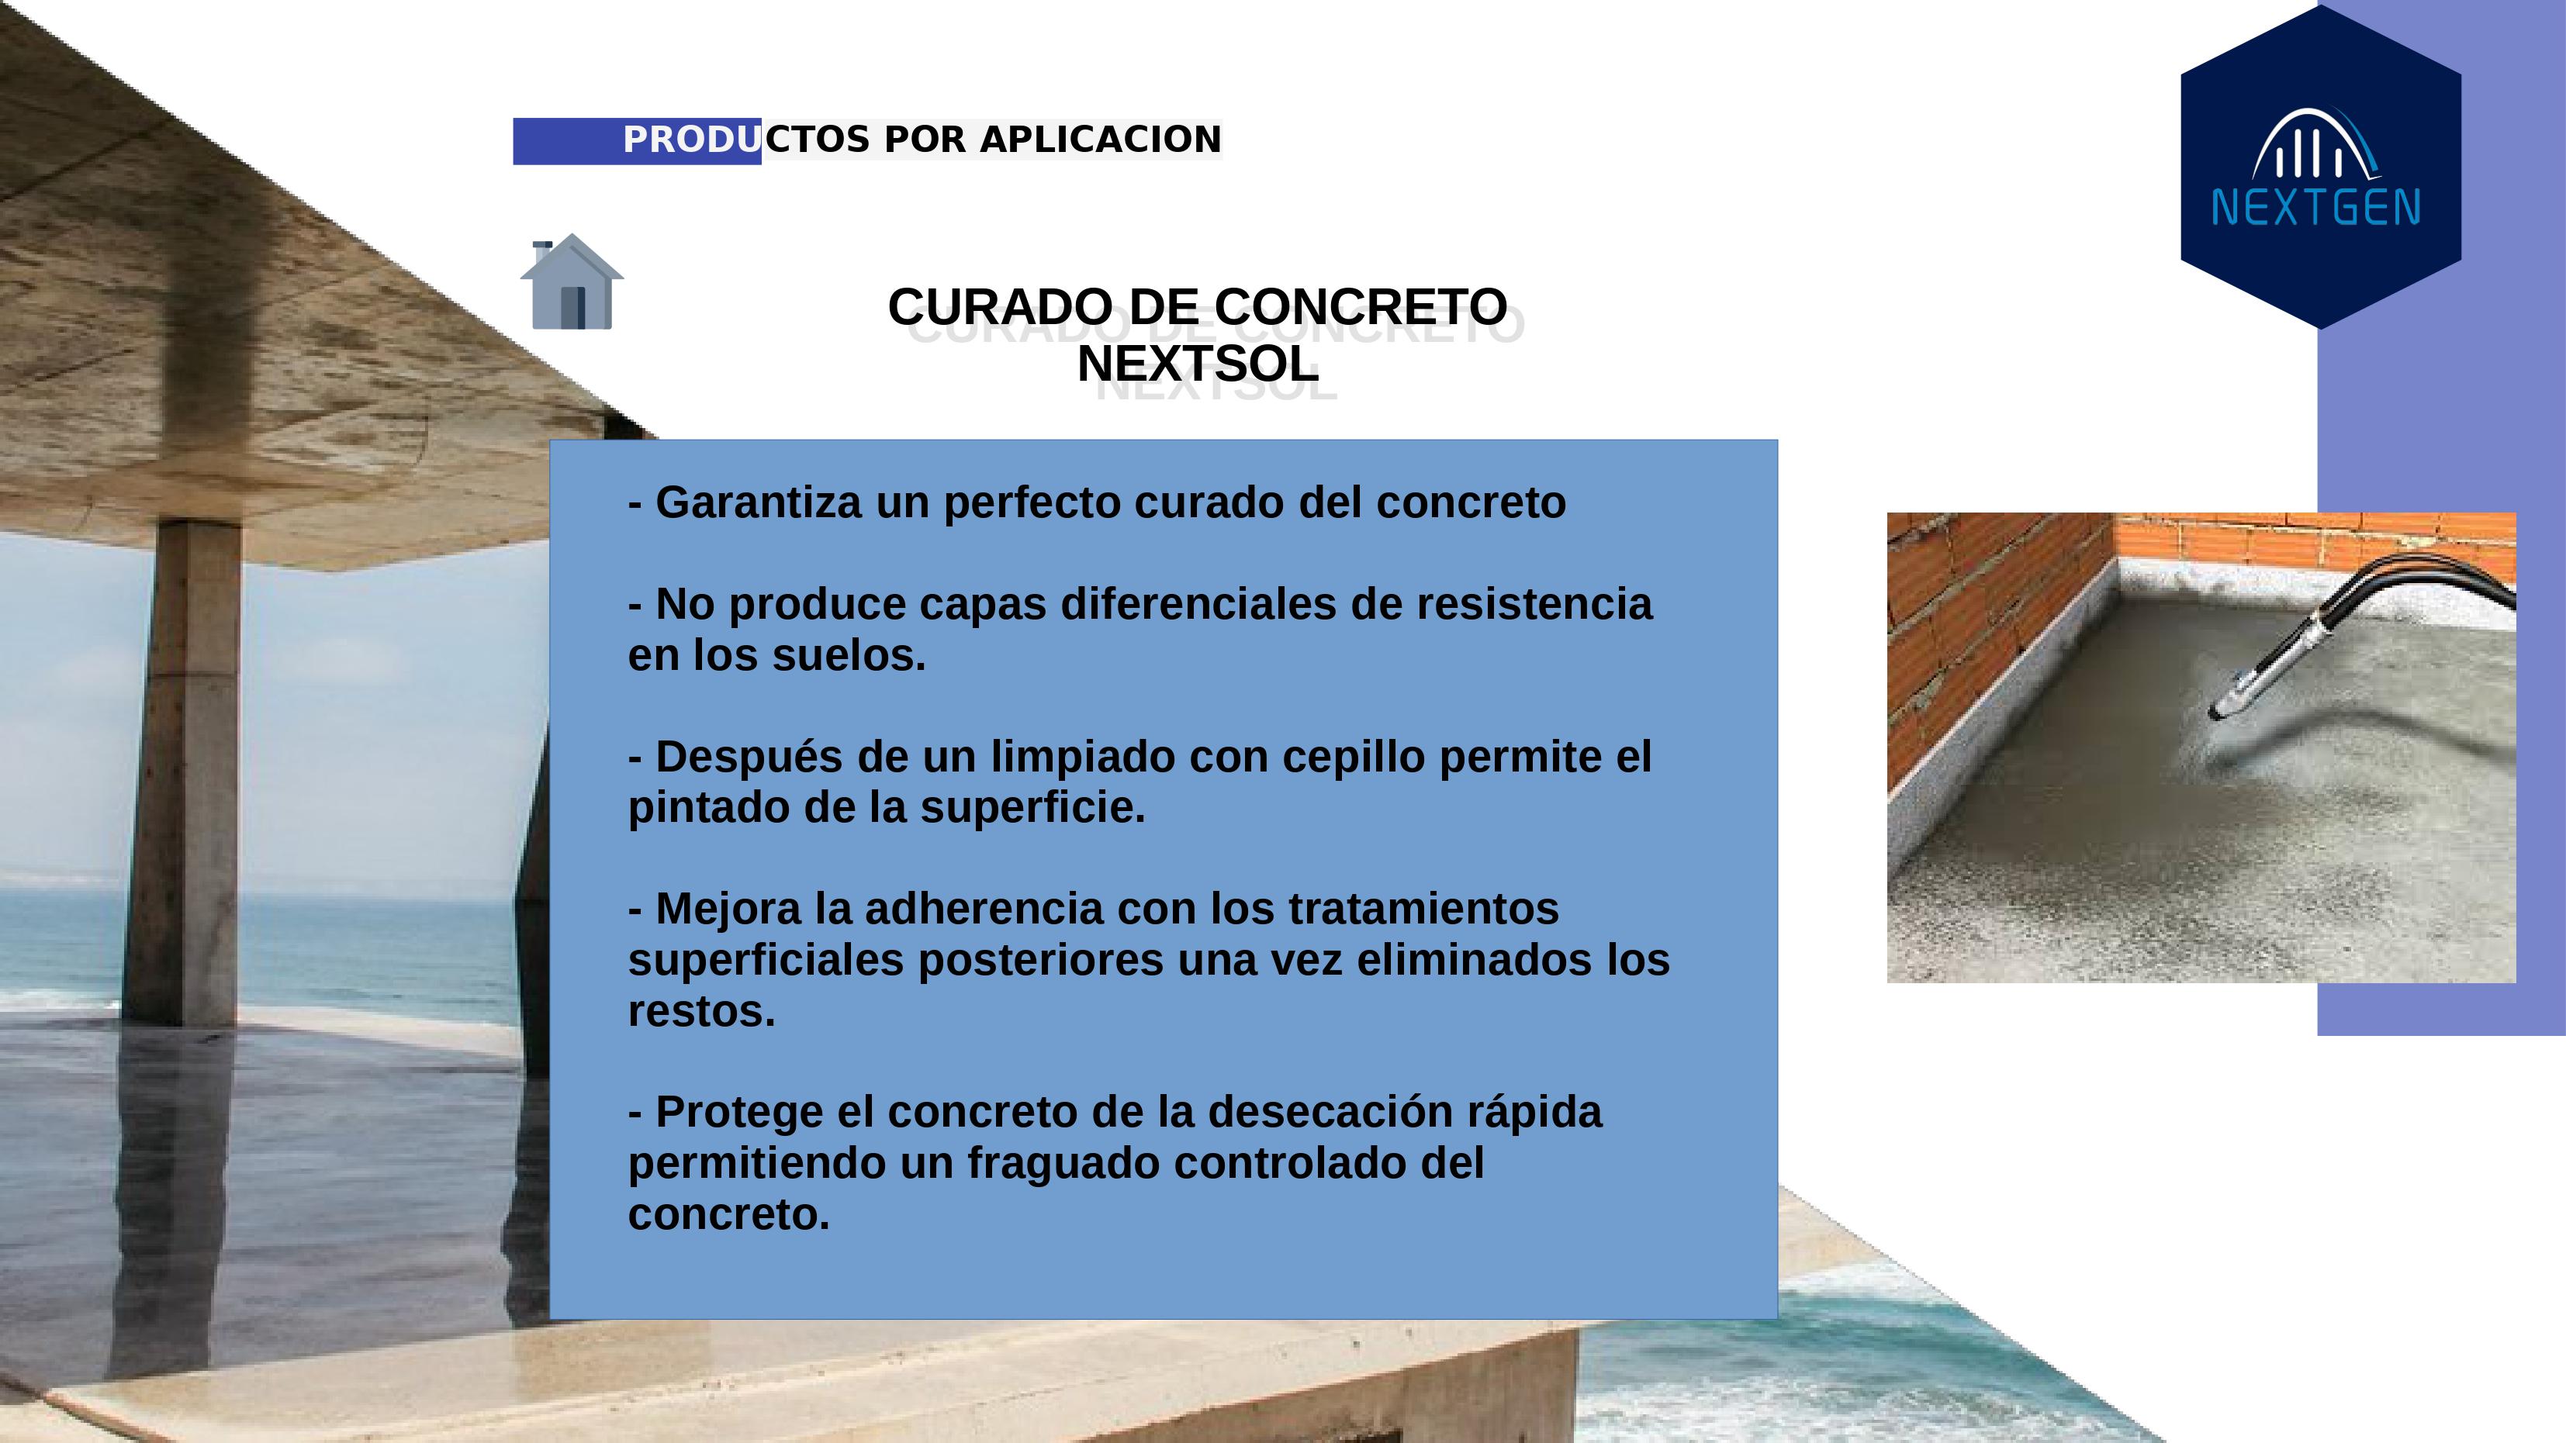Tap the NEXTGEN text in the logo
click(2316, 208)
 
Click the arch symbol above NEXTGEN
click(2317, 144)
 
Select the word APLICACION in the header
click(1101, 140)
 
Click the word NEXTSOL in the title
click(1198, 364)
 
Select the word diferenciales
click(1198, 605)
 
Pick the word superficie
click(1033, 808)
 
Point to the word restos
click(701, 1012)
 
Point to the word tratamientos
click(1423, 910)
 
